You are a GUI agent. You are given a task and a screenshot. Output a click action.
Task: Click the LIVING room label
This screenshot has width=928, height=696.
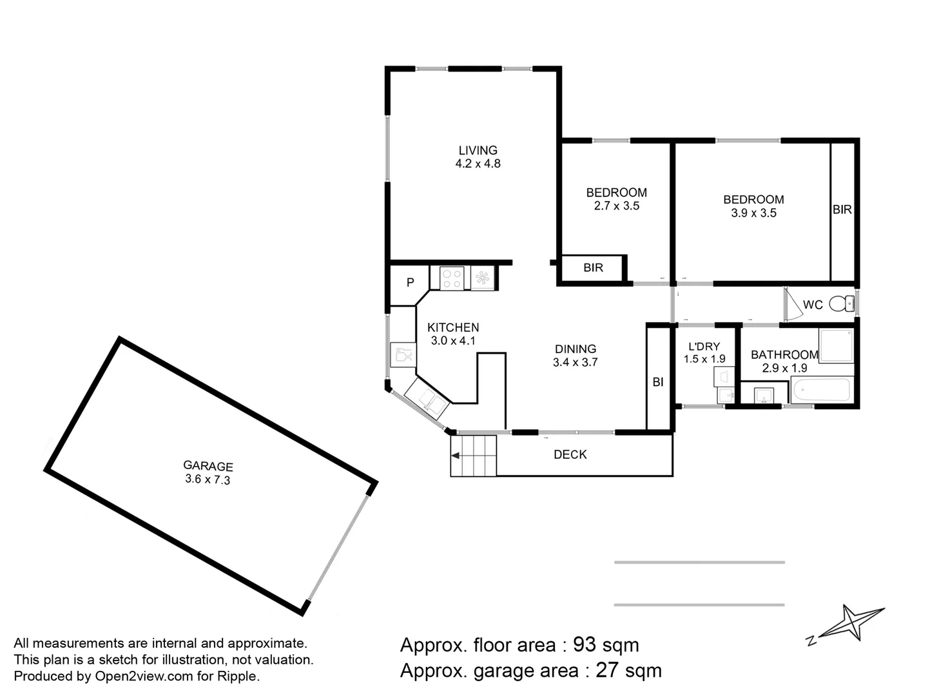coord(478,150)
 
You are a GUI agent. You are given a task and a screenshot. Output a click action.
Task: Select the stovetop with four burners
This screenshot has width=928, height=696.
coord(452,278)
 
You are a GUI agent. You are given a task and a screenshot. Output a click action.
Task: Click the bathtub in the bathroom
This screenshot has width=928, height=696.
coord(820,390)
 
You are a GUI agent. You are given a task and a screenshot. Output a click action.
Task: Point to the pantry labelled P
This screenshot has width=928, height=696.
coord(410,283)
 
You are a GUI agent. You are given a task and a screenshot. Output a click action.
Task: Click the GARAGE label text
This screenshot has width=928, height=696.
coord(208,465)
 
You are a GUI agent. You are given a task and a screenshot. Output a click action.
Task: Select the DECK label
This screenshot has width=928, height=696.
coord(570,455)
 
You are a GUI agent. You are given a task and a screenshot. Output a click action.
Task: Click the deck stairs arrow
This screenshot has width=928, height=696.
coord(456,456)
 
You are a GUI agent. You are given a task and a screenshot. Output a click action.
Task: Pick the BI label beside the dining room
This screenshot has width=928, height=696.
coord(658,382)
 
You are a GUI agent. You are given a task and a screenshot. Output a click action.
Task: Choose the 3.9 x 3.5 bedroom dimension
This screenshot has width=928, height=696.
coord(753,213)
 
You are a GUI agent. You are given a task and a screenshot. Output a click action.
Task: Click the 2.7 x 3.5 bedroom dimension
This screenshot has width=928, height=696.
coord(616,206)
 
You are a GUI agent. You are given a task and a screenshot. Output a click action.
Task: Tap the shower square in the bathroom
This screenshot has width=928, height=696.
coord(836,346)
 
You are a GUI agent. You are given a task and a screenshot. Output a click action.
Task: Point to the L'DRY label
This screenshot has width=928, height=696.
coord(704,346)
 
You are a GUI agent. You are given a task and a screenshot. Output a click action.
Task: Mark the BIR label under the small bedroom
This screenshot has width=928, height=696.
coord(593,267)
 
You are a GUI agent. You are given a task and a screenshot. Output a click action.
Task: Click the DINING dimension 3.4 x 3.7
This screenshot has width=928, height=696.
coord(575,362)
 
